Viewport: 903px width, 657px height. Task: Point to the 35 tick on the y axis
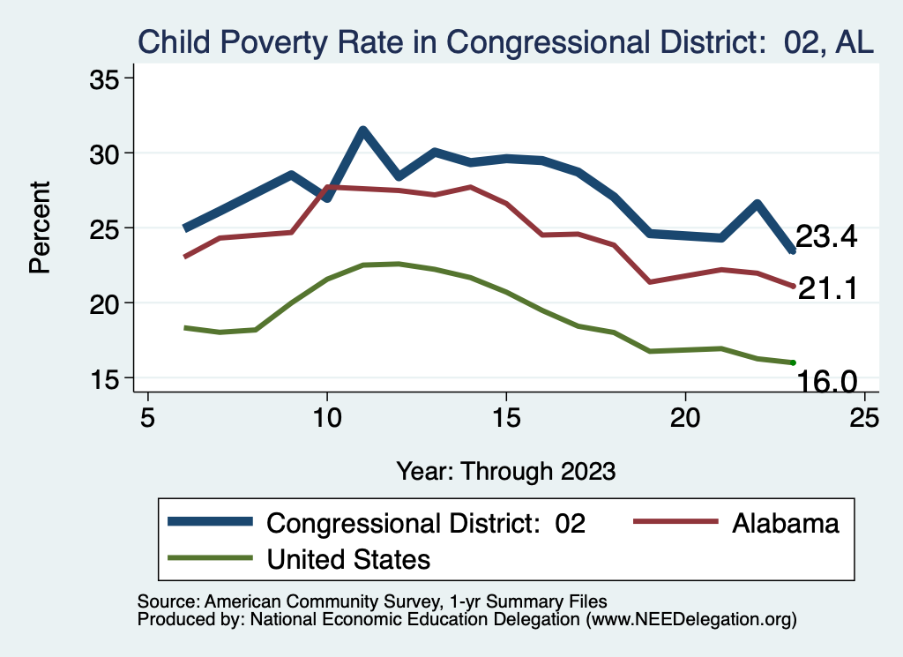(106, 78)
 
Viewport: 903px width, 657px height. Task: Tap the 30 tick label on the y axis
(106, 153)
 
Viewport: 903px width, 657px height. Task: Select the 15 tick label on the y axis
(106, 378)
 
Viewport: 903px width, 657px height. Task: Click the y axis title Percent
(41, 228)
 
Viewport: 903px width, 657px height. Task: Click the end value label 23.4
(827, 236)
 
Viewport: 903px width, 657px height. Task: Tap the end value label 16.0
(827, 381)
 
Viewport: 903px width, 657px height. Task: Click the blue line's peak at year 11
(362, 131)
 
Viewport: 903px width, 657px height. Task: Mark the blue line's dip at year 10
(327, 198)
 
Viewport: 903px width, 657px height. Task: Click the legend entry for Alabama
(785, 523)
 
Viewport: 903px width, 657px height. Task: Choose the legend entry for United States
(348, 559)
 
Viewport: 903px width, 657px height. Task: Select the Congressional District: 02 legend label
(426, 523)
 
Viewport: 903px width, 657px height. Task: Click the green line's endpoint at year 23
(793, 362)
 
